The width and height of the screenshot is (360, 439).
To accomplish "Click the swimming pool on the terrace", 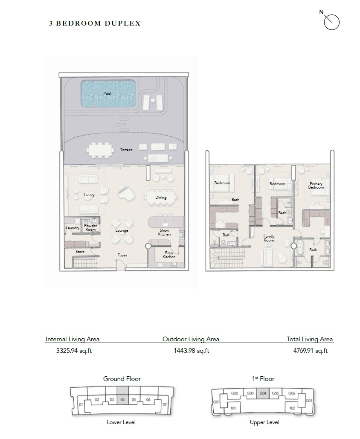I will (108, 94).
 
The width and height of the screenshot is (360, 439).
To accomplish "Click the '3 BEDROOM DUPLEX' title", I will (95, 23).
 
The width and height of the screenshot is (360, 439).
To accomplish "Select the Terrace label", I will (126, 150).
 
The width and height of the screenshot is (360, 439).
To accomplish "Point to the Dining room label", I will (161, 198).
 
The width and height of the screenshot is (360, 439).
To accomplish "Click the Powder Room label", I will (90, 227).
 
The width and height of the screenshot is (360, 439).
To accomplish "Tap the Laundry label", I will (73, 228).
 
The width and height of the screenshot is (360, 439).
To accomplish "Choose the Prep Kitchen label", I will (169, 255).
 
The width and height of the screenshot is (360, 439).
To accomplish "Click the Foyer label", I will (122, 255).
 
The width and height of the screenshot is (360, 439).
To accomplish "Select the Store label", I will (80, 252).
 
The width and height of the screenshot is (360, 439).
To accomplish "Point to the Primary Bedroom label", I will (316, 186).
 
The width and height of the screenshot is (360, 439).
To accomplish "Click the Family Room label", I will (269, 238).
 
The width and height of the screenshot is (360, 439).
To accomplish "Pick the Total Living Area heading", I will (310, 339).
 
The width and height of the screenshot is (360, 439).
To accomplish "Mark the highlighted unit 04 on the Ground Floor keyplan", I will (122, 400).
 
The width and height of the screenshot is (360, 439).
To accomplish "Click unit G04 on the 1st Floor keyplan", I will (263, 393).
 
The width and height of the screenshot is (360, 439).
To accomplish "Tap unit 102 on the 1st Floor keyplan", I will (292, 408).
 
